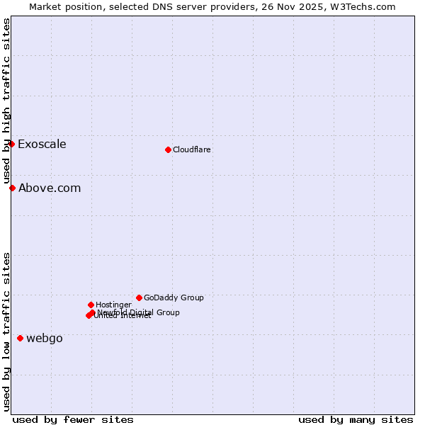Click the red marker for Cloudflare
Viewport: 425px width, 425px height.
click(168, 149)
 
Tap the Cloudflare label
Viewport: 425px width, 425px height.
click(191, 149)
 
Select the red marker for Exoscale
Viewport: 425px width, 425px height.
click(11, 144)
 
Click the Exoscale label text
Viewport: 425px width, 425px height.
click(42, 144)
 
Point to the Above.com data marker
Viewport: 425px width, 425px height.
click(12, 188)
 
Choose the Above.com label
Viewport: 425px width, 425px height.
click(50, 188)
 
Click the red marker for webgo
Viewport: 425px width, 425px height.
click(20, 338)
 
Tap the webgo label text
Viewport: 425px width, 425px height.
click(45, 339)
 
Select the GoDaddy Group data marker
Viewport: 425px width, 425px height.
click(139, 297)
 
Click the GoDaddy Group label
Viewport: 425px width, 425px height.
click(174, 297)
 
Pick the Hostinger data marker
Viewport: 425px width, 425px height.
click(91, 305)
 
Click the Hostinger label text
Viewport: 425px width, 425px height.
click(113, 305)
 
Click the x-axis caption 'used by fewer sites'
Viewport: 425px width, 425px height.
click(73, 419)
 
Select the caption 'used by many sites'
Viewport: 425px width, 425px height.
click(356, 419)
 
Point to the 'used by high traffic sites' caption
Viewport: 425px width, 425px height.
click(7, 101)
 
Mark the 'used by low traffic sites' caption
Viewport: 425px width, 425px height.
click(7, 331)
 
